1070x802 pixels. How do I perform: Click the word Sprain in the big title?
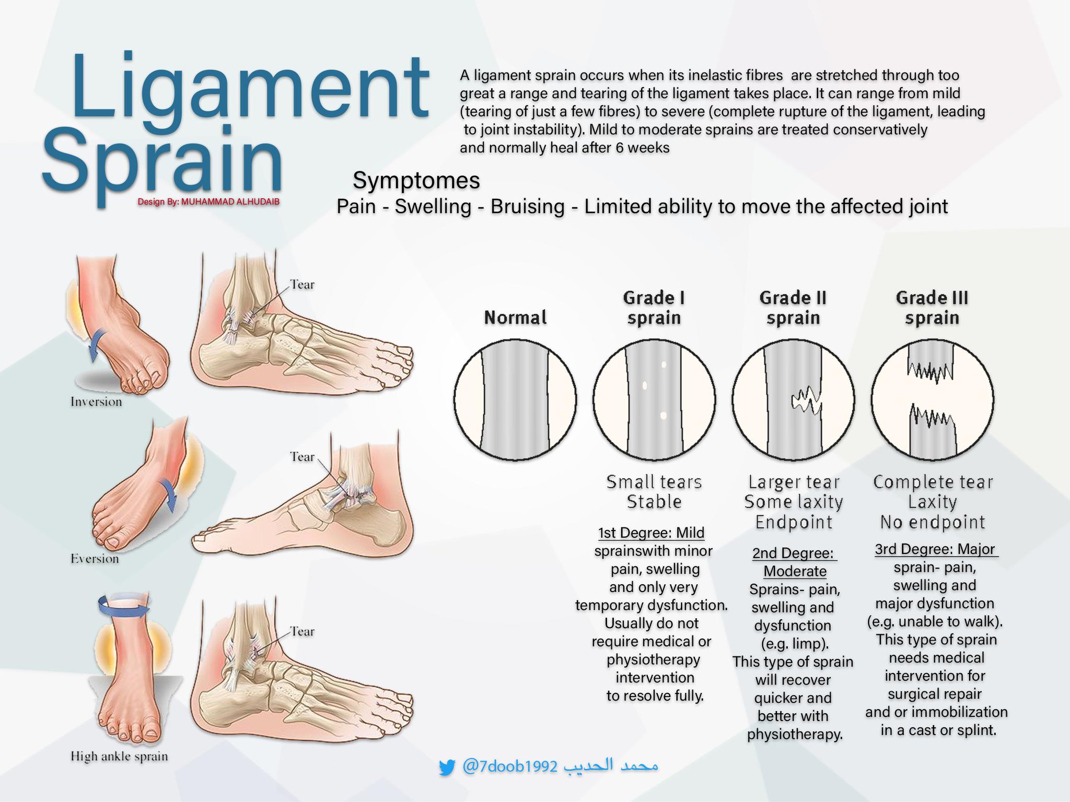tap(162, 159)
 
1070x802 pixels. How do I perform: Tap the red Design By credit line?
tap(208, 202)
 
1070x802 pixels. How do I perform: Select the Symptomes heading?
tap(416, 181)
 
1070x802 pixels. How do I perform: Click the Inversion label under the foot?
tap(96, 402)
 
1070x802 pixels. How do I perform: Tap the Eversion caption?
tap(95, 559)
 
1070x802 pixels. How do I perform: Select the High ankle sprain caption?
tap(119, 757)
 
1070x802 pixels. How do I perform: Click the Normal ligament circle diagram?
tap(515, 400)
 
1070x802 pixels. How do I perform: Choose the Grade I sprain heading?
tap(654, 308)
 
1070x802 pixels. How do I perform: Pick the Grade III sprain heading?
tap(932, 308)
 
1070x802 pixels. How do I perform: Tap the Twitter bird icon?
tap(447, 768)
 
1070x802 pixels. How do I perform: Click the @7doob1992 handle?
tap(510, 766)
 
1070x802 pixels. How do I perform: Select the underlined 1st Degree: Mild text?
tap(651, 533)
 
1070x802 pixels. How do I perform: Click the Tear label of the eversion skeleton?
tap(302, 457)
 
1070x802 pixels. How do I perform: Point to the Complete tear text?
tap(933, 482)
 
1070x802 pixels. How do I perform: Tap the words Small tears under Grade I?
tap(654, 482)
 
